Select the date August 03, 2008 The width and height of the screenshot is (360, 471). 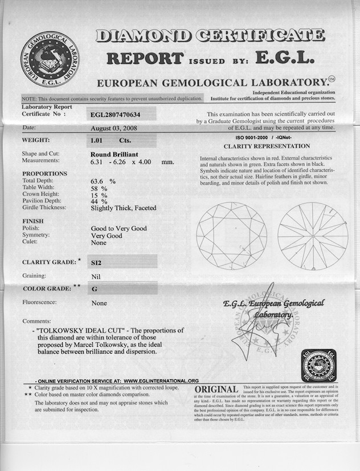[x=114, y=128]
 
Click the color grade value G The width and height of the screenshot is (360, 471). [x=95, y=289]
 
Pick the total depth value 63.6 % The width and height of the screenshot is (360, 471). [x=103, y=181]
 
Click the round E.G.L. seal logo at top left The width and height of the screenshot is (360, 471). [x=50, y=59]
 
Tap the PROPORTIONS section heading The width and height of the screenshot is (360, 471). [x=44, y=173]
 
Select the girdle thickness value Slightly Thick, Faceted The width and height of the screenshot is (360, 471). [x=123, y=208]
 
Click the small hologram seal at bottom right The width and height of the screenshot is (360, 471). [x=318, y=366]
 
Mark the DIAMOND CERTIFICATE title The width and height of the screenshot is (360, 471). [x=211, y=35]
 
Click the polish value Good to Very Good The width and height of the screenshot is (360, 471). [x=118, y=228]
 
